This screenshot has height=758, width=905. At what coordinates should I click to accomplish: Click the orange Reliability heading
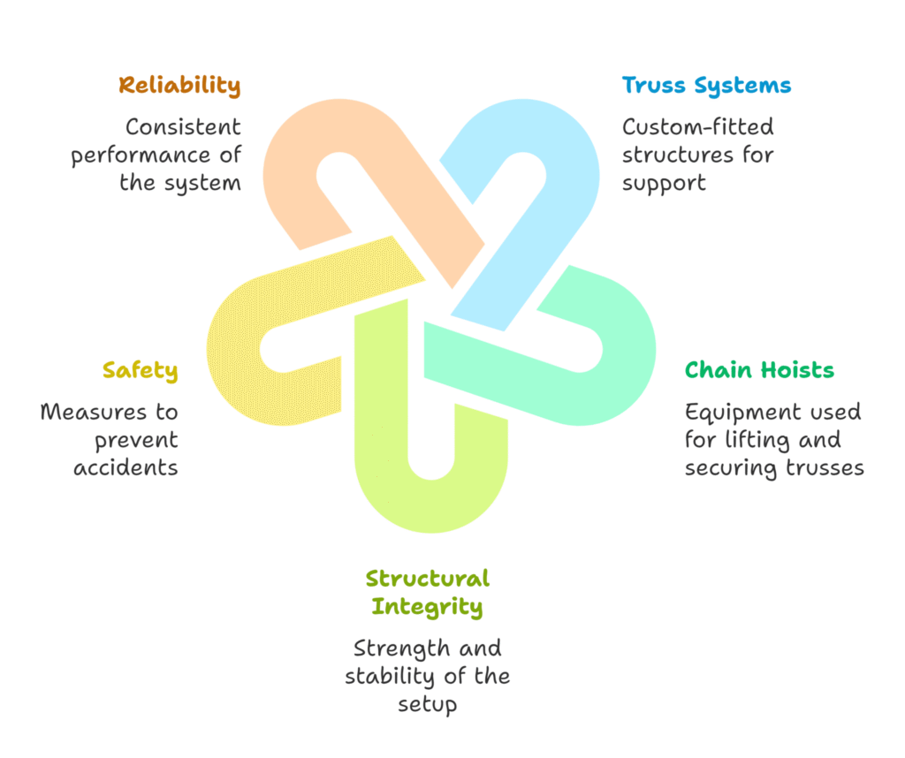point(179,86)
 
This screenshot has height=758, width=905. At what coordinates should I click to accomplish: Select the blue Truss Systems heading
point(706,86)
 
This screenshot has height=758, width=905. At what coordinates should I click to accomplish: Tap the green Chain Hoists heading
point(759,369)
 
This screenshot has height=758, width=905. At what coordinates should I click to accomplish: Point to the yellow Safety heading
point(140,370)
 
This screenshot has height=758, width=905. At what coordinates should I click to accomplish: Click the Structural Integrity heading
point(427,593)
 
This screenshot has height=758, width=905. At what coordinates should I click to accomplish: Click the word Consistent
point(183,127)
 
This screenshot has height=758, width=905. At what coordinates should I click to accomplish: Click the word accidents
point(125,467)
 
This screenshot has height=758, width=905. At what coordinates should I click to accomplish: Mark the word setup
point(427,704)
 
